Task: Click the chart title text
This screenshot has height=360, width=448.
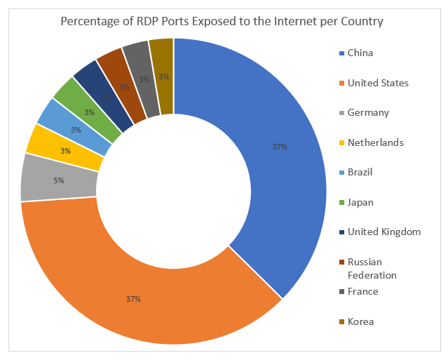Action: point(222,21)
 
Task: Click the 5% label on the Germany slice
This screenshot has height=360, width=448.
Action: point(59,180)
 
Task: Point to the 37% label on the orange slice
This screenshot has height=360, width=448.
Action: point(133,299)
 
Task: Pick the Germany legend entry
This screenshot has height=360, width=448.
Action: point(367,113)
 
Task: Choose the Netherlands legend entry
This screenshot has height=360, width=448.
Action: point(375,142)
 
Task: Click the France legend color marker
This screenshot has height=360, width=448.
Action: point(341,292)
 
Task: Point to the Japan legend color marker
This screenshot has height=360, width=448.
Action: point(341,203)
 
